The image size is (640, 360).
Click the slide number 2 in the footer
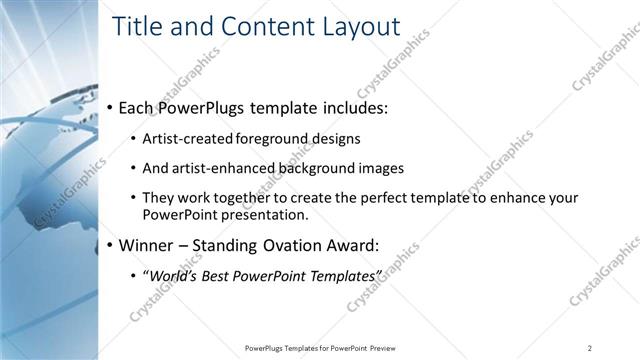[x=589, y=347]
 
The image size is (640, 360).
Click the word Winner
[x=147, y=244]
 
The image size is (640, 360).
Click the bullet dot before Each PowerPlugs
[x=110, y=107]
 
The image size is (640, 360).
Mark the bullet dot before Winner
[x=110, y=244]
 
